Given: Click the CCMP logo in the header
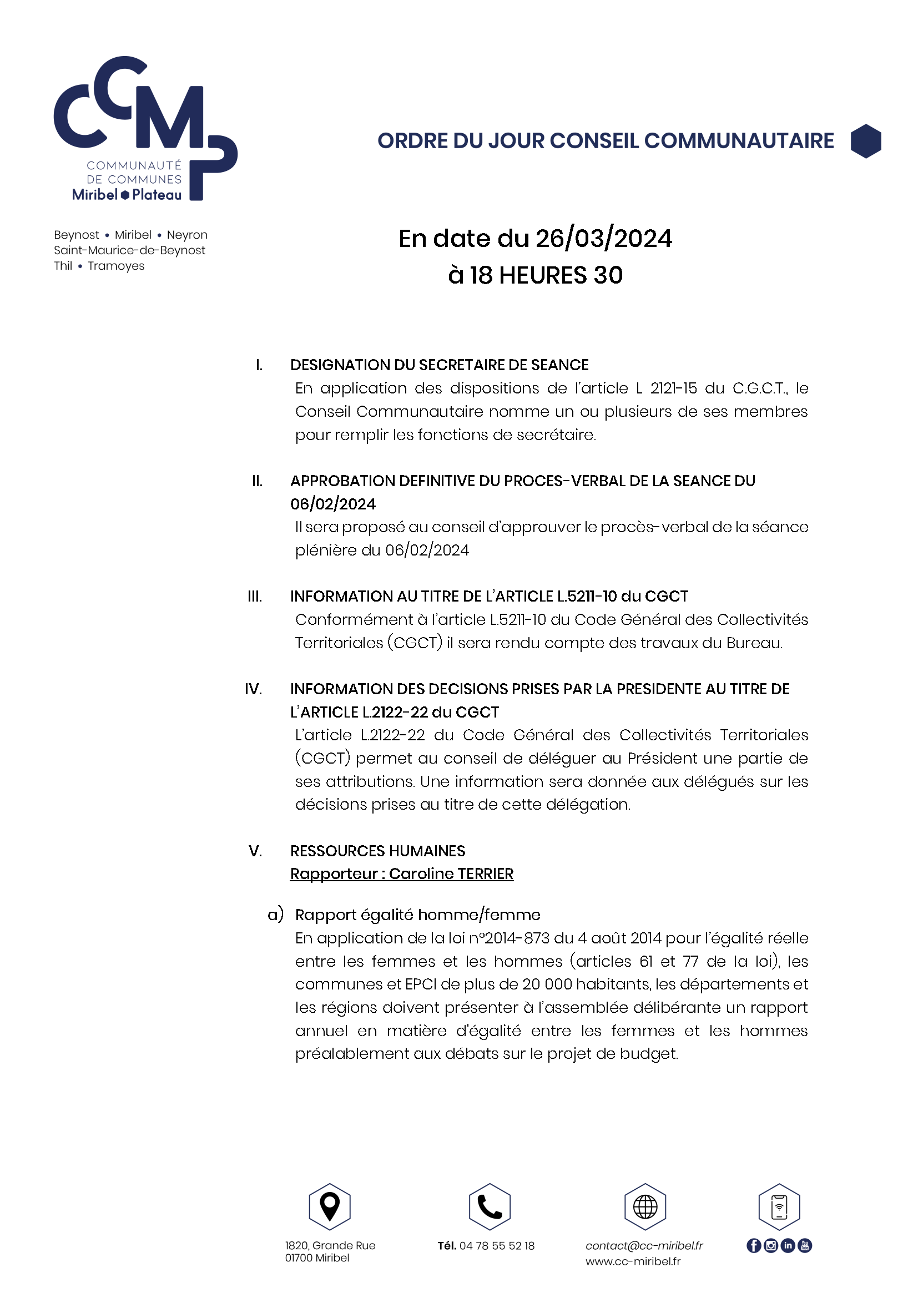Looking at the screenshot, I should pyautogui.click(x=145, y=128).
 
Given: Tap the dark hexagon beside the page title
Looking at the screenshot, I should pyautogui.click(x=865, y=141).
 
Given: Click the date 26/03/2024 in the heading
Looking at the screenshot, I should pyautogui.click(x=604, y=239).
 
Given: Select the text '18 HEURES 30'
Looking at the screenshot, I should pyautogui.click(x=546, y=275).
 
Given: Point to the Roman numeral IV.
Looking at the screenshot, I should pyautogui.click(x=253, y=689).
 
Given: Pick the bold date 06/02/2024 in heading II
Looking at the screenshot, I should pyautogui.click(x=333, y=504).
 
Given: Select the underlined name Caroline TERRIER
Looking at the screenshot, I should pyautogui.click(x=451, y=873).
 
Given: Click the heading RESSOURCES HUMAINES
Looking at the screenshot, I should pyautogui.click(x=377, y=851).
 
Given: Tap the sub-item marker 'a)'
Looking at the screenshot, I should pyautogui.click(x=275, y=914).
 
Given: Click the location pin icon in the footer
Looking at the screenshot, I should pyautogui.click(x=330, y=1206).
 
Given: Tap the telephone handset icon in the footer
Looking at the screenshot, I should pyautogui.click(x=490, y=1206).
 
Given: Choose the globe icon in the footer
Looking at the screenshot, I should pyautogui.click(x=645, y=1206).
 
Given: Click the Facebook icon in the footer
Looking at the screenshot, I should pyautogui.click(x=754, y=1245).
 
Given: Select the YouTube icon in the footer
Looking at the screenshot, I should pyautogui.click(x=805, y=1245).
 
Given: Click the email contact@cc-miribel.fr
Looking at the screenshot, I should pyautogui.click(x=644, y=1245).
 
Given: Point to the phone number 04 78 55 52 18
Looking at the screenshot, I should pyautogui.click(x=497, y=1245).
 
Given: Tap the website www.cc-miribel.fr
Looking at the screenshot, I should pyautogui.click(x=633, y=1261).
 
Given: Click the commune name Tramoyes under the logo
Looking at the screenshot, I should pyautogui.click(x=116, y=266).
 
